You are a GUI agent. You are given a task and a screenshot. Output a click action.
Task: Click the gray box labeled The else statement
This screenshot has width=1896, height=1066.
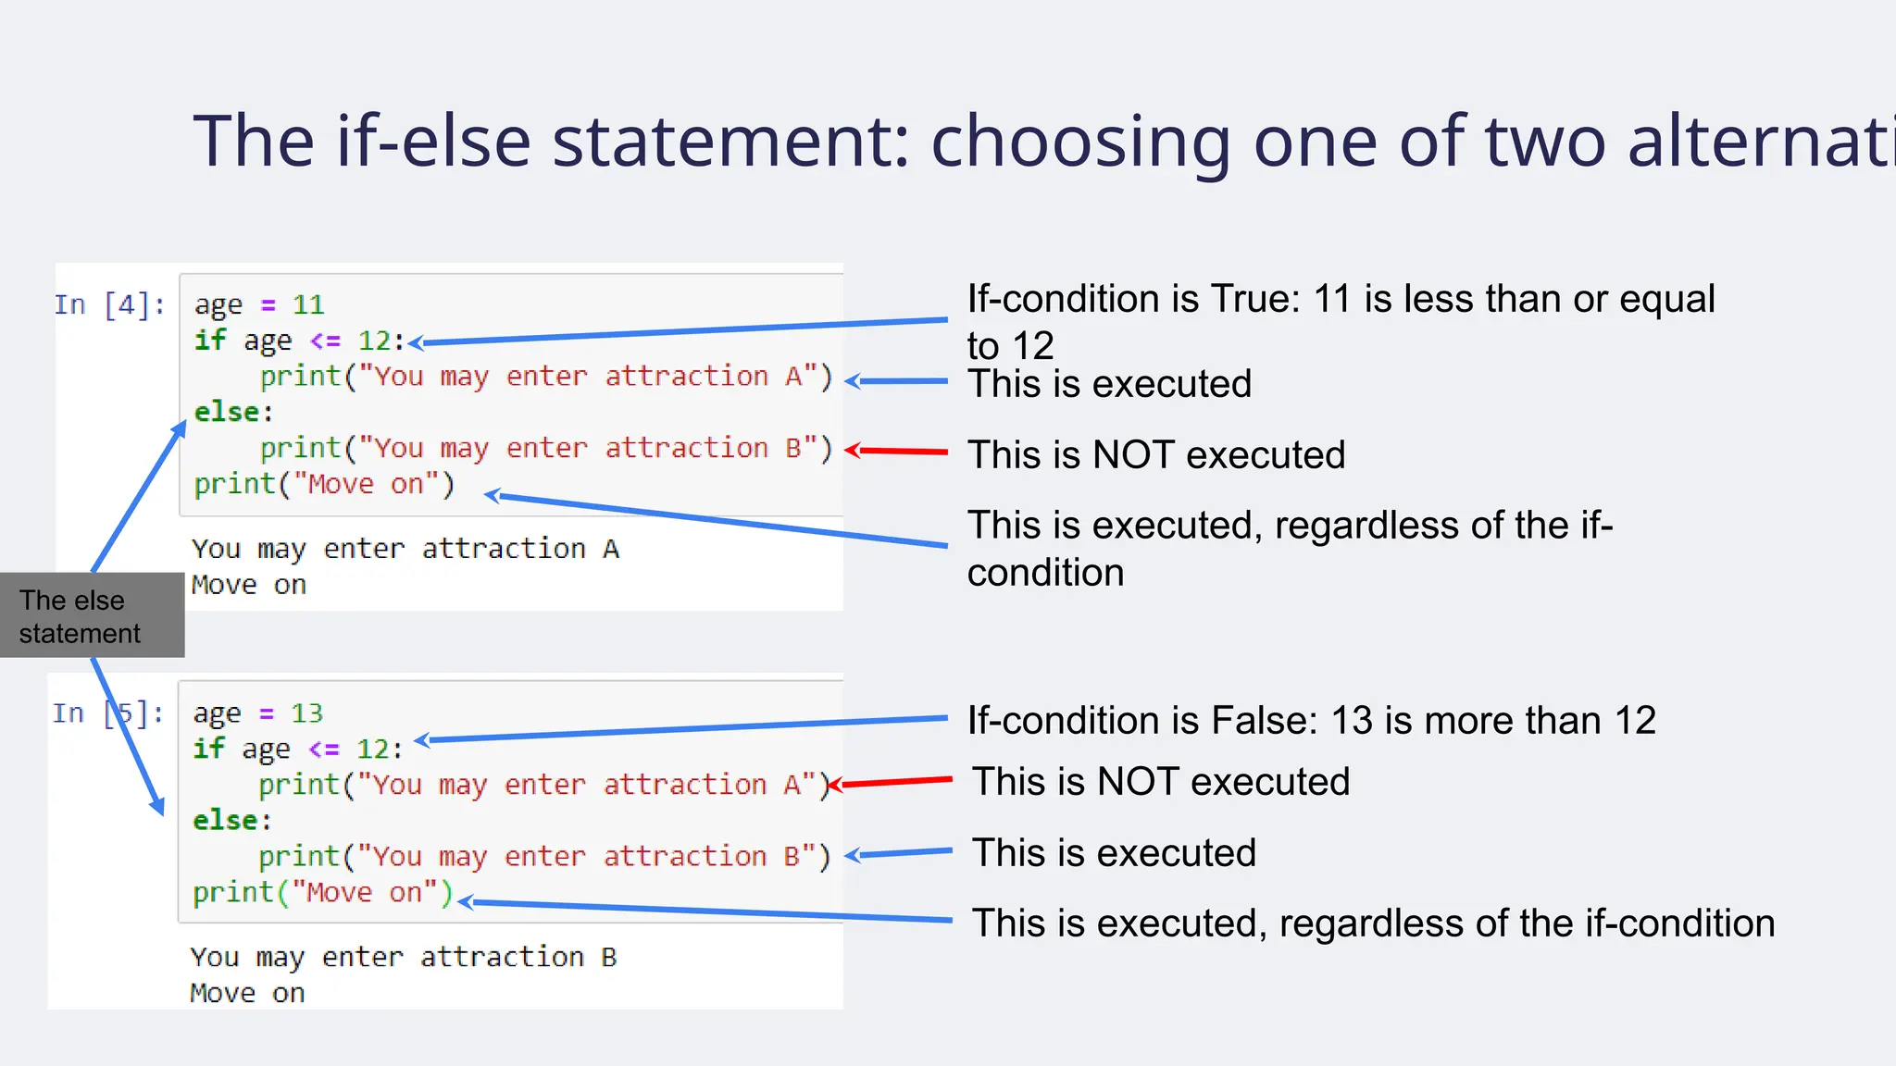92,615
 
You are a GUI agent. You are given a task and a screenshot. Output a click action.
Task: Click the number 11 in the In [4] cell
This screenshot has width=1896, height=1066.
308,304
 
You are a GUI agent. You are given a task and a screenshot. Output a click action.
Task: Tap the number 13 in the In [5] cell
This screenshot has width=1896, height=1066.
306,713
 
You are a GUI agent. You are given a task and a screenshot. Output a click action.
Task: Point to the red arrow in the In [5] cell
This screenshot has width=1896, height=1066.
889,783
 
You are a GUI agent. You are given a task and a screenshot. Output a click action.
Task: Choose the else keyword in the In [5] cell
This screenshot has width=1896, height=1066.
226,821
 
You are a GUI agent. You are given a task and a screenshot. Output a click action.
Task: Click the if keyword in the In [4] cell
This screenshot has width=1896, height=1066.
209,341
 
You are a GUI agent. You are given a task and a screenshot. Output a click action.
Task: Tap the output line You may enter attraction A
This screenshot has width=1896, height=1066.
405,549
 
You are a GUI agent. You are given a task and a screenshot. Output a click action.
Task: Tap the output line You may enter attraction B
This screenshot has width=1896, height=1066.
404,957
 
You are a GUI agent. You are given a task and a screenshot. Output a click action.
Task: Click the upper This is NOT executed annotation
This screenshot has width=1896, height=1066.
1156,455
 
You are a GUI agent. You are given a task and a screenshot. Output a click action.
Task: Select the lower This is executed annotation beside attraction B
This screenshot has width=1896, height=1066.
1114,853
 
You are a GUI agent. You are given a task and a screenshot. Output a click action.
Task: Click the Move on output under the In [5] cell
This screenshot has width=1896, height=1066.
247,993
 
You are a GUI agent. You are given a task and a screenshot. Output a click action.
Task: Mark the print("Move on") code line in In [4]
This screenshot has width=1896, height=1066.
324,484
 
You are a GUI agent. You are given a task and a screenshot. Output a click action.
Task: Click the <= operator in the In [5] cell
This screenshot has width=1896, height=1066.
324,749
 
